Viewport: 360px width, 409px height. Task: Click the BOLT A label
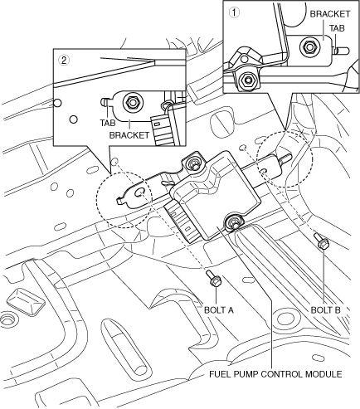pyautogui.click(x=219, y=310)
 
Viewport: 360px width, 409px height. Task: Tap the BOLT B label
pyautogui.click(x=325, y=310)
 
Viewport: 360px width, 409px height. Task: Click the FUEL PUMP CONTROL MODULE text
pyautogui.click(x=275, y=374)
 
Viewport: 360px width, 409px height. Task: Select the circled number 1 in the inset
pyautogui.click(x=234, y=12)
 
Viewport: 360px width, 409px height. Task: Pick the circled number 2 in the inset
pyautogui.click(x=64, y=61)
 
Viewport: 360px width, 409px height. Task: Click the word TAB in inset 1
pyautogui.click(x=337, y=28)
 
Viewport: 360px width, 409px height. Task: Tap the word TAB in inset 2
pyautogui.click(x=108, y=123)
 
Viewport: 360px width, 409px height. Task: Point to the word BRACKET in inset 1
pyautogui.click(x=330, y=14)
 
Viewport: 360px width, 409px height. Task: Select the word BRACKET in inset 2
pyautogui.click(x=129, y=135)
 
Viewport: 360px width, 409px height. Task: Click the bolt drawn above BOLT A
pyautogui.click(x=214, y=279)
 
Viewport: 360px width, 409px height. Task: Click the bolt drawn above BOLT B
pyautogui.click(x=320, y=241)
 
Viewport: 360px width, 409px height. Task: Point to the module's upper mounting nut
pyautogui.click(x=192, y=165)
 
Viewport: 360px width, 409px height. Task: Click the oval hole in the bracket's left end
pyautogui.click(x=140, y=192)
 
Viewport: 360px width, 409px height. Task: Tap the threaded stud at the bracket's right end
pyautogui.click(x=285, y=158)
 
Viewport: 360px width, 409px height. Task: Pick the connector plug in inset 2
pyautogui.click(x=163, y=130)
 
